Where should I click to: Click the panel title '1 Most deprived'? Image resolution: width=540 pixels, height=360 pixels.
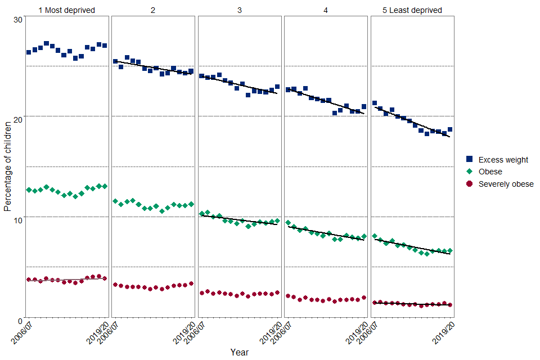pyautogui.click(x=66, y=10)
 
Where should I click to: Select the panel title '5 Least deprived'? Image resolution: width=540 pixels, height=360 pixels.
pyautogui.click(x=412, y=10)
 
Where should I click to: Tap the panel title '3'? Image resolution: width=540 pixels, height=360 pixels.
pyautogui.click(x=240, y=10)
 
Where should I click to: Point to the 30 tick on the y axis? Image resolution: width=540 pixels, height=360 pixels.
pyautogui.click(x=17, y=20)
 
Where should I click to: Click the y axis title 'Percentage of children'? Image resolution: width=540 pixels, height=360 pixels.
pyautogui.click(x=7, y=166)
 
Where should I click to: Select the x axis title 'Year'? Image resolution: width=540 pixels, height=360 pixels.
pyautogui.click(x=239, y=352)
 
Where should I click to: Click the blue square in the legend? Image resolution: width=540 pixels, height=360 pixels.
pyautogui.click(x=470, y=160)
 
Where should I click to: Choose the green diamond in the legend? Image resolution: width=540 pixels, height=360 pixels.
pyautogui.click(x=470, y=172)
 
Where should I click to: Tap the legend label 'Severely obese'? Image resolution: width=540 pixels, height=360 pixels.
pyautogui.click(x=506, y=184)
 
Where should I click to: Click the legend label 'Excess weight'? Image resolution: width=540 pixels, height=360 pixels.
pyautogui.click(x=503, y=160)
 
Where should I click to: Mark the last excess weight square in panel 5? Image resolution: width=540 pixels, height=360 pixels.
pyautogui.click(x=450, y=129)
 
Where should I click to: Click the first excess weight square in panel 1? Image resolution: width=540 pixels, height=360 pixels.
pyautogui.click(x=29, y=52)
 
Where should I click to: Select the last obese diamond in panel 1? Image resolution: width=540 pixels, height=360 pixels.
pyautogui.click(x=105, y=186)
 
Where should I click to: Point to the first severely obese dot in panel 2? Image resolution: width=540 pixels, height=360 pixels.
pyautogui.click(x=115, y=285)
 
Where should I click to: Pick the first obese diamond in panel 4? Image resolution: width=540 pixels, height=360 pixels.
pyautogui.click(x=288, y=223)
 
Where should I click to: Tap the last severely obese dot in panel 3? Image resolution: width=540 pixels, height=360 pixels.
pyautogui.click(x=277, y=292)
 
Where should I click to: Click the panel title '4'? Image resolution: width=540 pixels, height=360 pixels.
pyautogui.click(x=326, y=10)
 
